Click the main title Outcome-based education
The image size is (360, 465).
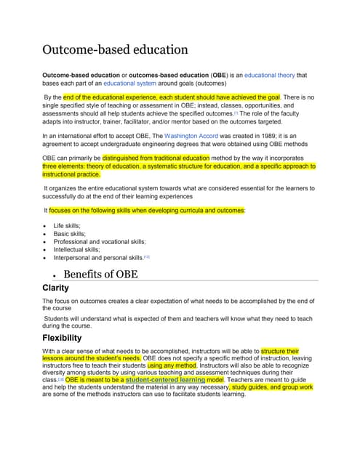click(116, 50)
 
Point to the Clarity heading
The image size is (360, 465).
click(56, 288)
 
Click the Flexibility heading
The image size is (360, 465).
click(62, 338)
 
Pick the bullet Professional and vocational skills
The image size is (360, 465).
click(105, 241)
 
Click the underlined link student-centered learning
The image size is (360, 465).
click(164, 379)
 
